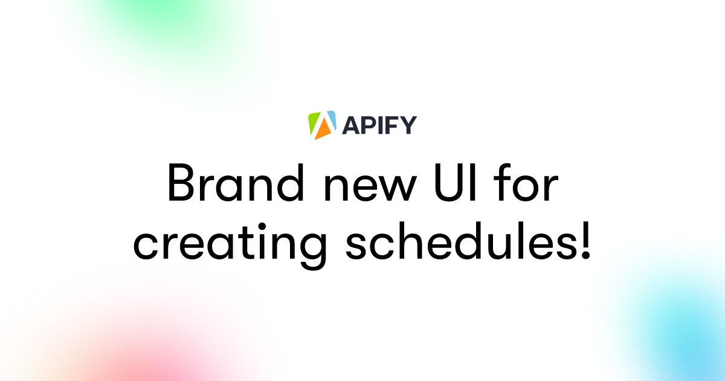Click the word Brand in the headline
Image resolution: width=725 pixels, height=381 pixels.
click(235, 182)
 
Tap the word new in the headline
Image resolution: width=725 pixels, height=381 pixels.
click(370, 187)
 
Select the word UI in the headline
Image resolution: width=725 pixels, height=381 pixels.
click(456, 183)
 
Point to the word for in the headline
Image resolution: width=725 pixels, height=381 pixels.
click(526, 182)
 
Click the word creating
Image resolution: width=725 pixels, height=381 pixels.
click(230, 246)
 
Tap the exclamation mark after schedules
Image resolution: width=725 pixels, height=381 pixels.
click(586, 241)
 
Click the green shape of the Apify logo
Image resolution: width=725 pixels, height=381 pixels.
click(314, 122)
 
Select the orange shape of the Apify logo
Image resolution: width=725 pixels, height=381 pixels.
click(323, 129)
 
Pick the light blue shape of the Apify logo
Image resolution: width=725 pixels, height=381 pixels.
click(332, 120)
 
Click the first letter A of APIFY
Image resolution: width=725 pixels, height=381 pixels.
click(350, 125)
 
